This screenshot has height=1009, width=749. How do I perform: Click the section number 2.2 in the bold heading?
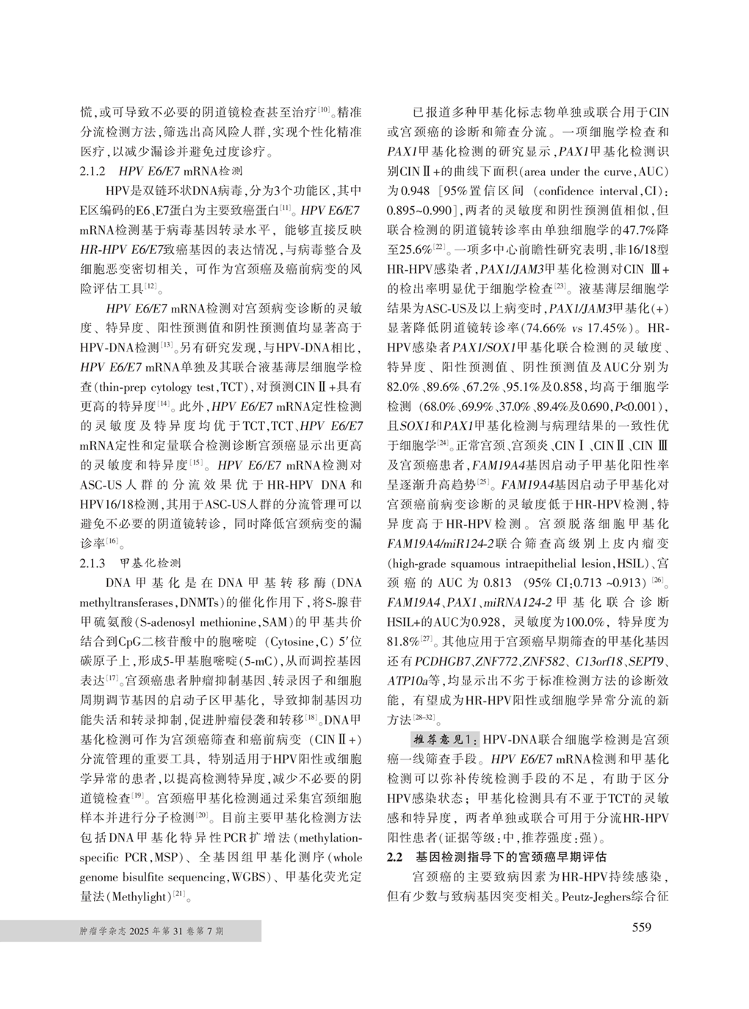(x=395, y=857)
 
